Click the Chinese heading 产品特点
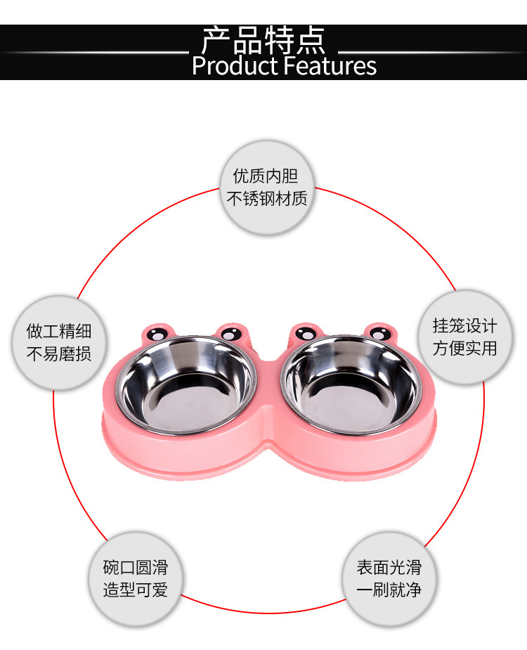click(x=263, y=41)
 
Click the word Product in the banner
click(x=234, y=66)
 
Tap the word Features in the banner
click(x=330, y=66)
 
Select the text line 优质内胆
click(x=266, y=176)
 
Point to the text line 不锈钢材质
click(x=266, y=199)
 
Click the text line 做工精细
click(x=59, y=331)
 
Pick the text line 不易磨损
click(x=59, y=353)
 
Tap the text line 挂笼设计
click(x=464, y=326)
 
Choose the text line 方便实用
click(x=464, y=349)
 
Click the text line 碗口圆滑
click(x=135, y=568)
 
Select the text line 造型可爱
click(x=135, y=590)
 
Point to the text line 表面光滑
click(x=389, y=568)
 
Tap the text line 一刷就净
click(x=389, y=590)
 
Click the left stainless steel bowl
click(x=186, y=385)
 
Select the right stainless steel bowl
click(x=351, y=385)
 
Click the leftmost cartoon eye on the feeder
click(x=157, y=334)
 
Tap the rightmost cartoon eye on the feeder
click(x=380, y=333)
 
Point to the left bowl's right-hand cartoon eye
click(x=231, y=334)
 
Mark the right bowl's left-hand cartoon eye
click(x=306, y=333)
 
